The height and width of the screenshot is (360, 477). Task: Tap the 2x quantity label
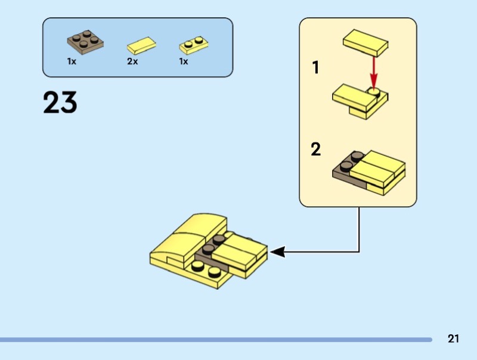click(132, 61)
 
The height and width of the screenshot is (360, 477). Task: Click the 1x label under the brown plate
click(72, 61)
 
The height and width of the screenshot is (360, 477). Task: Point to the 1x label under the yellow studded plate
click(184, 61)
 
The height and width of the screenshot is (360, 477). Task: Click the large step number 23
click(60, 103)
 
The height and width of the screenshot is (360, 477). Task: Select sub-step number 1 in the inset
click(316, 68)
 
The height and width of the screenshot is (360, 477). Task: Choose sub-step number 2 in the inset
click(316, 149)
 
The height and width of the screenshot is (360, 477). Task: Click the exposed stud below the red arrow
click(374, 92)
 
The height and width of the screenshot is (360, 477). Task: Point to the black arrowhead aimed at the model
click(278, 253)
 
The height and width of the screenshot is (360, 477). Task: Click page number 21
click(453, 339)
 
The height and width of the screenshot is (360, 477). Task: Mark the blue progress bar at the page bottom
click(215, 340)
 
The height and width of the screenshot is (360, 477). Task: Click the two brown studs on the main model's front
click(206, 272)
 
